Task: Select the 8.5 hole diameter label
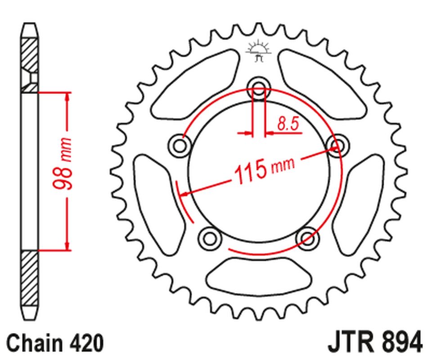pos(288,124)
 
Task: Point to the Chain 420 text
pos(55,343)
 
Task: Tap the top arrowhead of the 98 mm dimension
pos(67,97)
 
